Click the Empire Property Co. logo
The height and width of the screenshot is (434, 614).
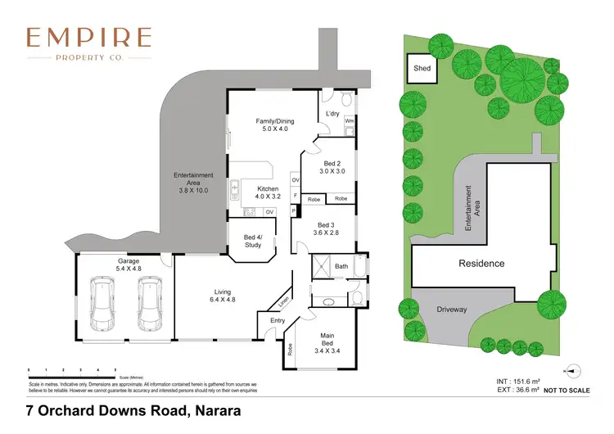[88, 43]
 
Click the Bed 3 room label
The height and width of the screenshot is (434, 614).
[326, 229]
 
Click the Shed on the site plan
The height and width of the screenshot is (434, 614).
[422, 69]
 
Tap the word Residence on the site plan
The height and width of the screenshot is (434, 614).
[481, 264]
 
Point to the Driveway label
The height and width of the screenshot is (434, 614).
[451, 310]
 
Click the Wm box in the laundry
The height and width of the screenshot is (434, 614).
[349, 121]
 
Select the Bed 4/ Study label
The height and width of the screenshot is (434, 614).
[252, 242]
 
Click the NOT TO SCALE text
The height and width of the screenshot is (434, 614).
[567, 391]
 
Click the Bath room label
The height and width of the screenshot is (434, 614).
[341, 266]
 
